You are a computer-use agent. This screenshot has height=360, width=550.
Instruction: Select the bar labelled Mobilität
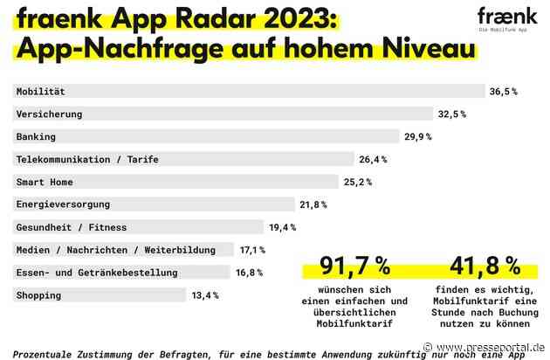coord(250,91)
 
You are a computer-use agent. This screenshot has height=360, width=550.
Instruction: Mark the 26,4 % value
coord(373,159)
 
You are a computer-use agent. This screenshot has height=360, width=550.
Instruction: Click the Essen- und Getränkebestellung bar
coord(122,273)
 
